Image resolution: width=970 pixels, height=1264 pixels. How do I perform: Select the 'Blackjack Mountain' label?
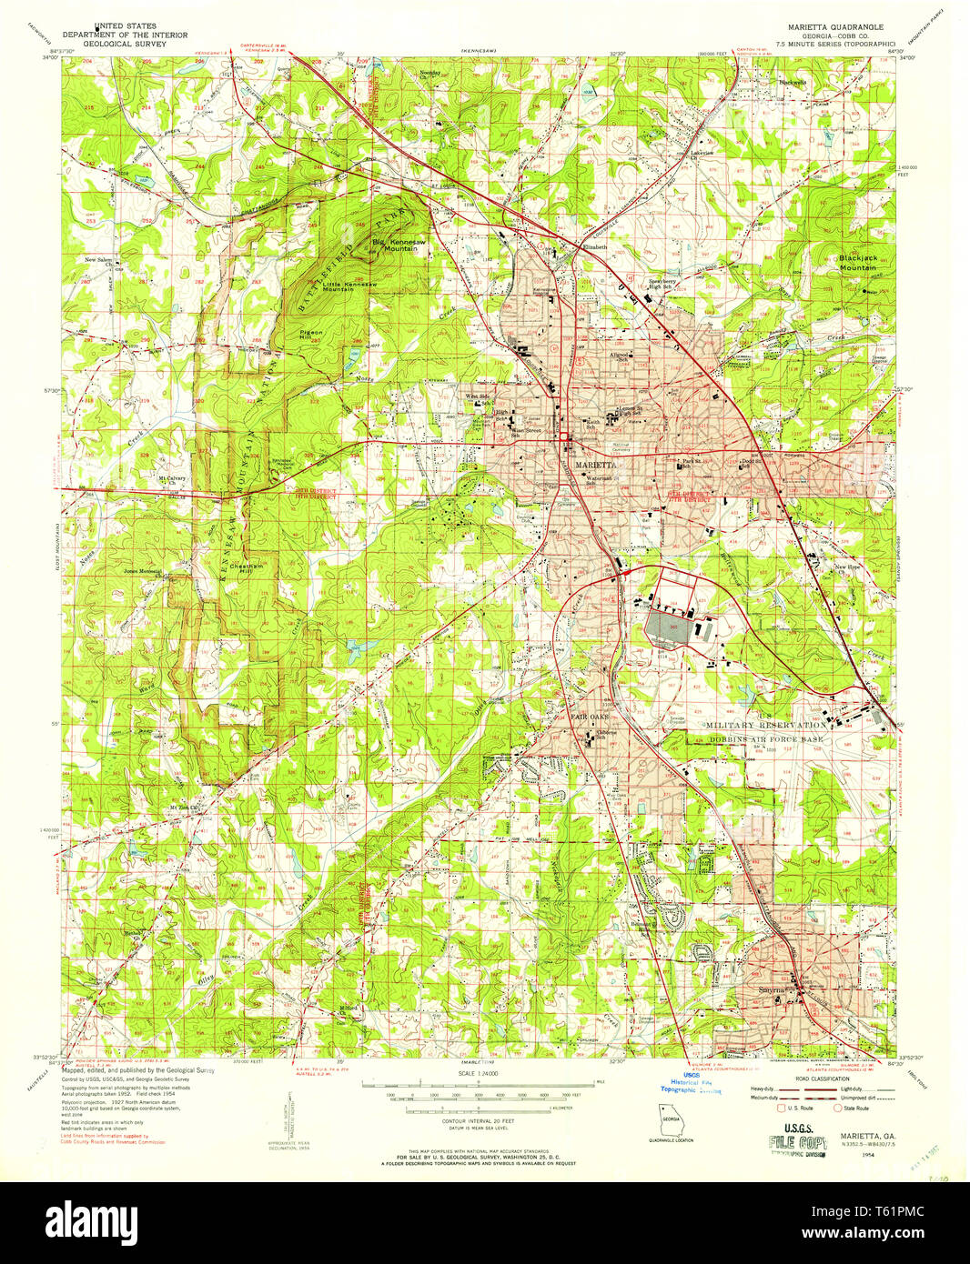click(x=858, y=263)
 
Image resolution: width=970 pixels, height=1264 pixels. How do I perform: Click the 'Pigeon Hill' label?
click(x=311, y=336)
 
